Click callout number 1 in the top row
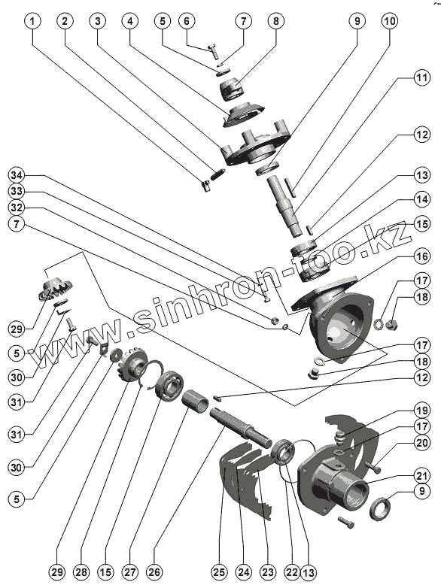[32, 21]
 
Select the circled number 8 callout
[276, 21]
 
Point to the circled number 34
[17, 175]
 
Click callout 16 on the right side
[422, 256]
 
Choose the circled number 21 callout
[422, 476]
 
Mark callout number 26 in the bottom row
[154, 572]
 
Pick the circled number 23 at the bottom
[268, 572]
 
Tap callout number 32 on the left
[17, 208]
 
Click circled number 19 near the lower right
[422, 411]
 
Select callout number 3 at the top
[98, 21]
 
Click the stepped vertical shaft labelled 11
[286, 205]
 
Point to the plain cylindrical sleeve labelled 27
[196, 402]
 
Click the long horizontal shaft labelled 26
[240, 428]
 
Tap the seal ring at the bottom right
[381, 508]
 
